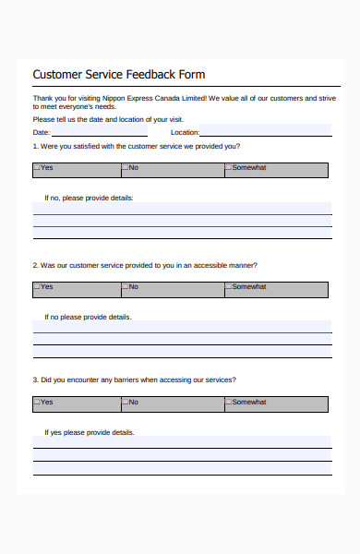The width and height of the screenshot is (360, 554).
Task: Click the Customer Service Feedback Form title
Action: (119, 74)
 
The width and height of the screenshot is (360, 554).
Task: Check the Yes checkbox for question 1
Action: (37, 168)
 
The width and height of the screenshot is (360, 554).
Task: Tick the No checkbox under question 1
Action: (126, 168)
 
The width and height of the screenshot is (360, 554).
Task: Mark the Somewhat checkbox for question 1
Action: (228, 168)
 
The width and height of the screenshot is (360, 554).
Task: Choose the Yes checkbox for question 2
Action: (37, 287)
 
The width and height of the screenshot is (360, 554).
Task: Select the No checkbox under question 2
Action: (126, 287)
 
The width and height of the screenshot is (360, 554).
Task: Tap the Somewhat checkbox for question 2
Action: (228, 287)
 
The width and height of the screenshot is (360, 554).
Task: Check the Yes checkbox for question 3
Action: (37, 403)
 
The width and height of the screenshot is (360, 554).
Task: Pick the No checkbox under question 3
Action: (126, 403)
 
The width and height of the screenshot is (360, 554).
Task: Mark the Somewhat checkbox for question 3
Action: (228, 403)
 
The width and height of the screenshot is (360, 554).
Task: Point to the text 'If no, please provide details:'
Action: (89, 198)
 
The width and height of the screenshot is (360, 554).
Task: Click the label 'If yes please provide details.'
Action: (89, 432)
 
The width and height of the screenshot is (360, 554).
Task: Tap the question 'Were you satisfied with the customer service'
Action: (137, 146)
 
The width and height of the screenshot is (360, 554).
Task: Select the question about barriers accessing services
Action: (134, 379)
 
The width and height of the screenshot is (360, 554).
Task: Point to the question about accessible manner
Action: (145, 265)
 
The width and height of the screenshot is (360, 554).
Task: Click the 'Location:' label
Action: (185, 133)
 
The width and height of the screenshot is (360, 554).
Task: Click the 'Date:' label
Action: (42, 133)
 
